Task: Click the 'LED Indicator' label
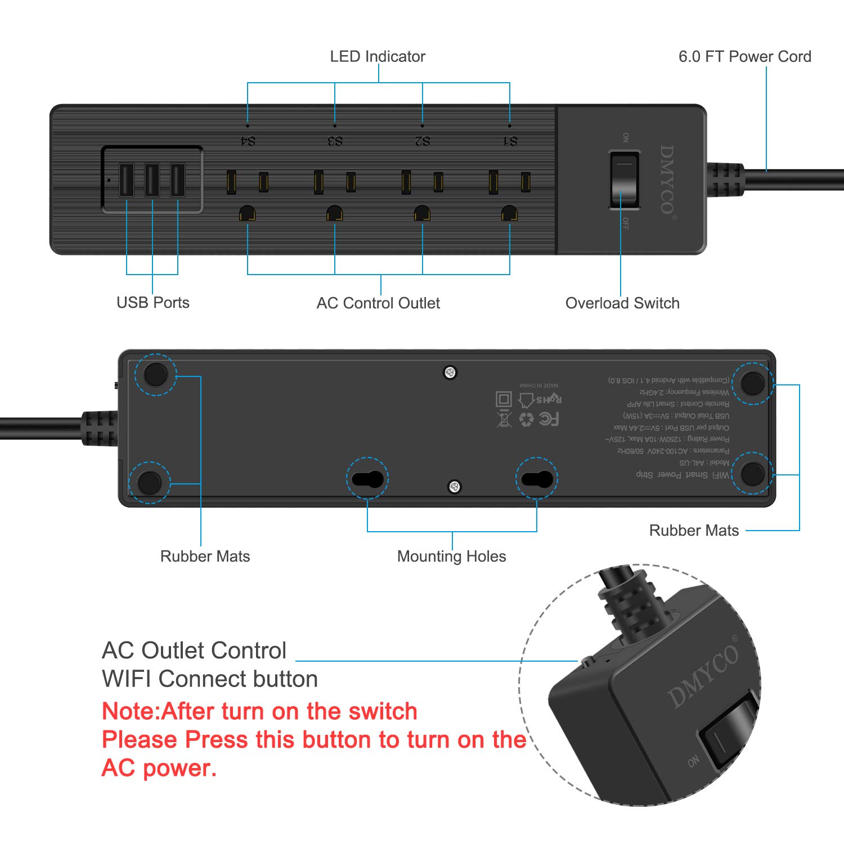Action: (x=378, y=57)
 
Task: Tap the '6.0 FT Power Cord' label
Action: (x=744, y=57)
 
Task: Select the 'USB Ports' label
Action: (x=153, y=303)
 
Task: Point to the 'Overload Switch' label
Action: (x=622, y=303)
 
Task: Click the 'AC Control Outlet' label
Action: (x=378, y=303)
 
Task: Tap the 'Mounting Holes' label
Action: (x=451, y=556)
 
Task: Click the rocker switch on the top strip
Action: (x=624, y=179)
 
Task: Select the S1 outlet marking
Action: (x=510, y=141)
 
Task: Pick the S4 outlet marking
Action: (x=248, y=141)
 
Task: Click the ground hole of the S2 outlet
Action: (x=422, y=213)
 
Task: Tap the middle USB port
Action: (x=152, y=179)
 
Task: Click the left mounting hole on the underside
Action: (x=367, y=479)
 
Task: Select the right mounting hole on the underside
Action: (x=537, y=479)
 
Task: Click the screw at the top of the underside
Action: (x=450, y=372)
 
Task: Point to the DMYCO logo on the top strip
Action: (x=667, y=179)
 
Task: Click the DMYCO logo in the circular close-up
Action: (x=703, y=675)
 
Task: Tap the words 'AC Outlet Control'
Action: (x=194, y=650)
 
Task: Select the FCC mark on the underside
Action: (x=549, y=419)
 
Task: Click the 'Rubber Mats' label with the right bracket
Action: (x=694, y=531)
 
